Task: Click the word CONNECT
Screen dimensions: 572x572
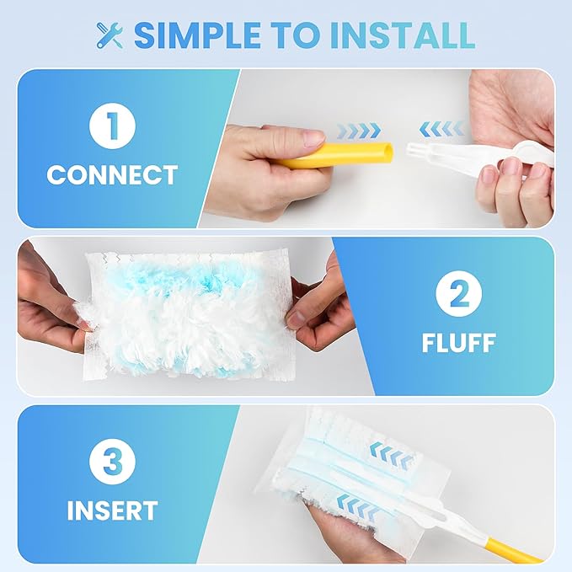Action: [112, 176]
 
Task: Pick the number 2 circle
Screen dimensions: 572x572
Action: [458, 295]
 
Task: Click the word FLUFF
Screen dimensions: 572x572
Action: [458, 344]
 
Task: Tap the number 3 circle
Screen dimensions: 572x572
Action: [113, 462]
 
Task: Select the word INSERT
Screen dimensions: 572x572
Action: [113, 511]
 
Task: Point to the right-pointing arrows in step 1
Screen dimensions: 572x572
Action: [358, 131]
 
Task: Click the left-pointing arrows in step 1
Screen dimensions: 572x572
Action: [441, 128]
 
